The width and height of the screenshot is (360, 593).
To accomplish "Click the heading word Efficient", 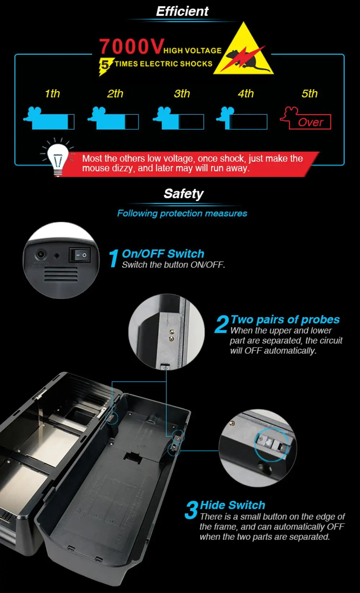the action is point(182,12).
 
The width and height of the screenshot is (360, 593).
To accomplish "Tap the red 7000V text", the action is point(131,46).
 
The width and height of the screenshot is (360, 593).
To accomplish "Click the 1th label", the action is point(52,94).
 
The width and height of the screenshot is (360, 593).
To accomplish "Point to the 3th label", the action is point(182,94).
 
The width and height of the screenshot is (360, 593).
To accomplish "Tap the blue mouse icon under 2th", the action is point(113,118).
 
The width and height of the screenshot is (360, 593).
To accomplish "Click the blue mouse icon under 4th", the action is point(242,118).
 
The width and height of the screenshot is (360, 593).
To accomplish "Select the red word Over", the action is point(310,122).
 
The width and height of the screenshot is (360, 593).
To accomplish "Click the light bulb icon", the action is point(58,158).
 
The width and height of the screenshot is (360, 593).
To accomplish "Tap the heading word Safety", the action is point(184,194).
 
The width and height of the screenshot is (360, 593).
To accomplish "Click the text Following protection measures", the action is point(182,213).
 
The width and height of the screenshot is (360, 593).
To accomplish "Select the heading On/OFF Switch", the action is point(163,254).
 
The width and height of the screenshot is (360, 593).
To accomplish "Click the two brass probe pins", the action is point(172,335).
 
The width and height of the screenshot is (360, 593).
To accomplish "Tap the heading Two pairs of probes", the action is point(285,320).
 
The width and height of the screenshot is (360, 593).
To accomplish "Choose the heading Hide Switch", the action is point(232,505).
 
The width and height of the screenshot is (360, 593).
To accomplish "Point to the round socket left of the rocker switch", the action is point(41,255).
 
